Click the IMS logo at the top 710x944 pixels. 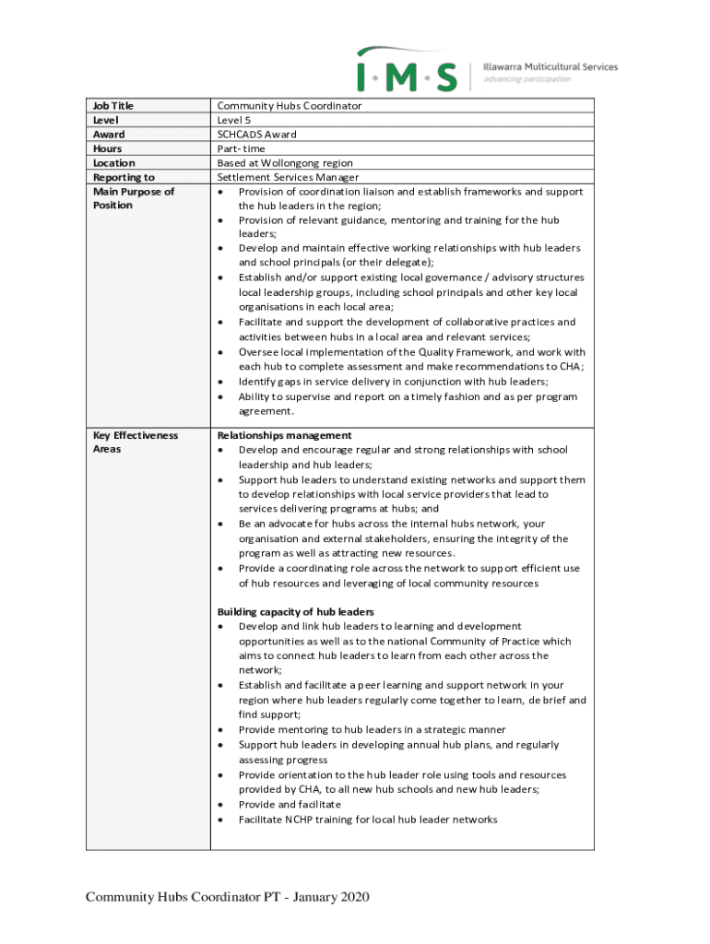click(x=407, y=70)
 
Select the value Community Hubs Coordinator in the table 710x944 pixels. click(x=289, y=106)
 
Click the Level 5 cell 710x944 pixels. click(x=234, y=120)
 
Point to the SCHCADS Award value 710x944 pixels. click(x=256, y=135)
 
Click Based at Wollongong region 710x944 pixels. click(x=285, y=163)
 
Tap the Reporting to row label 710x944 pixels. click(x=124, y=177)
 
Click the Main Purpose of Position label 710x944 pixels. click(x=133, y=198)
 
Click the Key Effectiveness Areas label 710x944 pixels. click(x=135, y=442)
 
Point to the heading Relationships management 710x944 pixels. click(x=284, y=435)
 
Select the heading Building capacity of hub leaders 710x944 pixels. click(x=295, y=611)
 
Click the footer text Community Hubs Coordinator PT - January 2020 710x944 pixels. click(x=228, y=899)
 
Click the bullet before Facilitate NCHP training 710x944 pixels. click(x=221, y=820)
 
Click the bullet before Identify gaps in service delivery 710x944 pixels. click(x=221, y=382)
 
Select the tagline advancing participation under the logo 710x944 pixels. click(x=527, y=79)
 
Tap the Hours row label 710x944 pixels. click(x=107, y=148)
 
